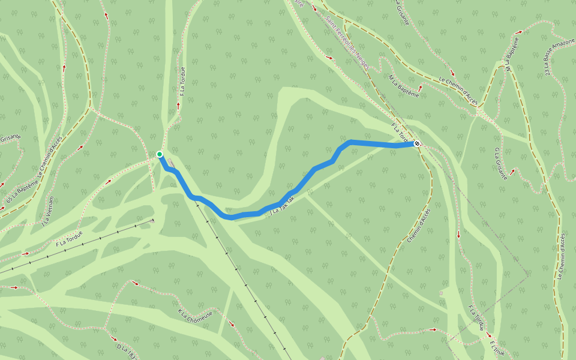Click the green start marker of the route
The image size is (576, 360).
click(160, 154)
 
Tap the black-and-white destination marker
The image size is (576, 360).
click(417, 143)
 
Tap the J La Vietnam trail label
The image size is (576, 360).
click(49, 211)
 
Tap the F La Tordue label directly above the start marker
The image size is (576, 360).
click(182, 81)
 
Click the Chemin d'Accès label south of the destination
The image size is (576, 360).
click(418, 225)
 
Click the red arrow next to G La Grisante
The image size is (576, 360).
click(512, 172)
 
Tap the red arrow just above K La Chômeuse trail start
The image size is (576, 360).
click(135, 283)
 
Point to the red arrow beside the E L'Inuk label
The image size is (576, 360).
click(488, 335)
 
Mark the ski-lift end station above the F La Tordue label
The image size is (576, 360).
click(152, 221)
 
